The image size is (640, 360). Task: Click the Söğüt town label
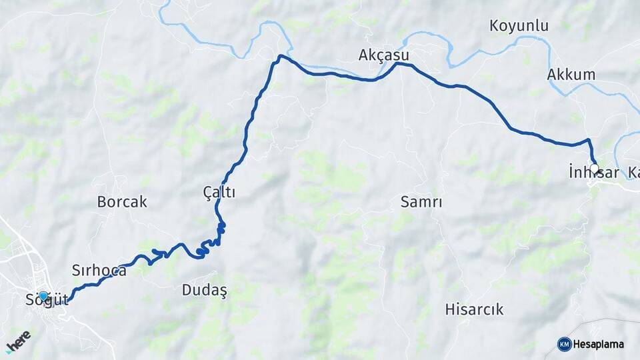[x=47, y=300]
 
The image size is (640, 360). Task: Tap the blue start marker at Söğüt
[x=43, y=296]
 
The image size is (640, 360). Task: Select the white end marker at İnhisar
[x=594, y=169]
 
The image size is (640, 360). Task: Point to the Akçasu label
[x=383, y=55]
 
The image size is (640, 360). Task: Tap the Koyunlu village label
[x=519, y=26]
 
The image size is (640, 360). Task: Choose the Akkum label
[x=571, y=74]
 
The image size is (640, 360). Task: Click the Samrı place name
[x=421, y=201]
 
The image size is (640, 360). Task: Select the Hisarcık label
[x=474, y=309]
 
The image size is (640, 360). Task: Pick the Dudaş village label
[x=205, y=289]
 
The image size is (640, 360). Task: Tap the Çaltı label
[x=219, y=192]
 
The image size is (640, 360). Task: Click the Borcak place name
[x=122, y=201]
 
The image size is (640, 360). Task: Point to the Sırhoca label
[x=99, y=270]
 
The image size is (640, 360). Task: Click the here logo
[x=19, y=341]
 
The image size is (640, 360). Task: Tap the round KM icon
[x=564, y=344]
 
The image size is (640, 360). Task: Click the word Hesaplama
[x=599, y=344]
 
